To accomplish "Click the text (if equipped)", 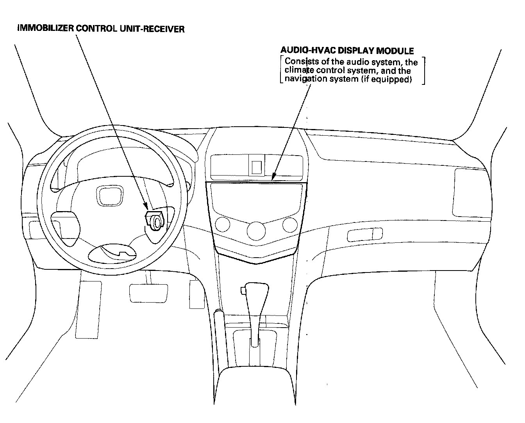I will click(386, 79).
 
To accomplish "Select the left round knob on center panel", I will click(222, 224).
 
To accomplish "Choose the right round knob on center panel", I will click(290, 224).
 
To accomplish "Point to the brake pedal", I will click(148, 291).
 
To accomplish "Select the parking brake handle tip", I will click(219, 314).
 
